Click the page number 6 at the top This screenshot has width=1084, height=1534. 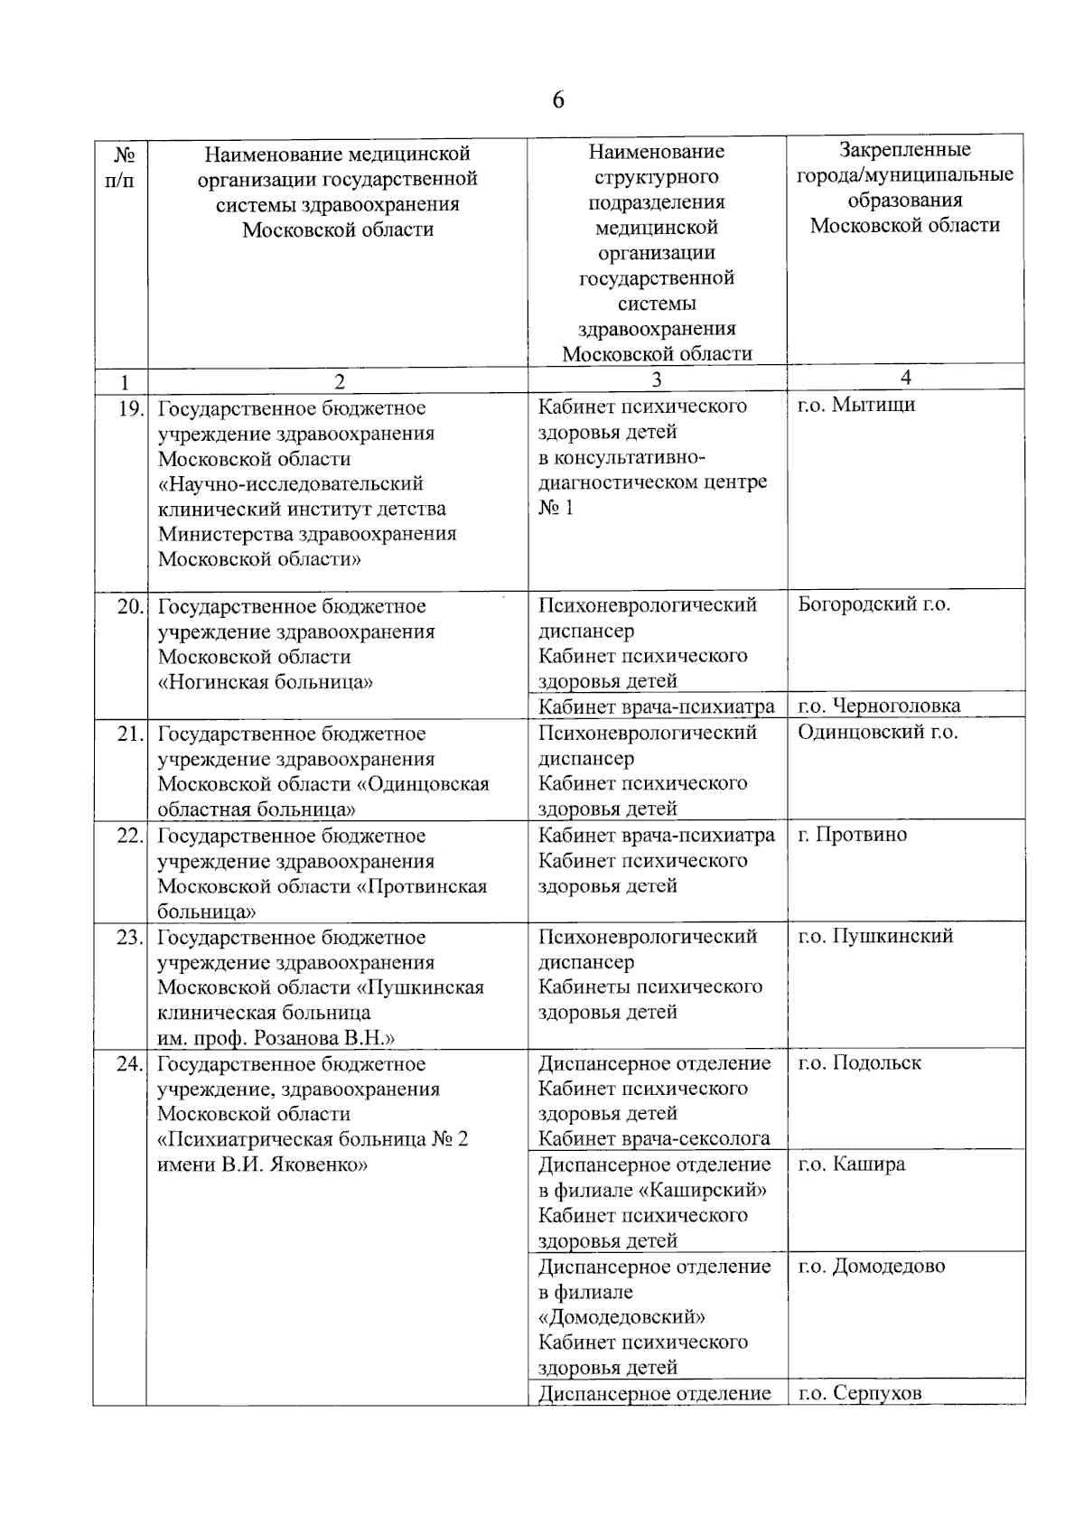(x=557, y=99)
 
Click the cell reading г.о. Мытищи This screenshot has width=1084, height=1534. (x=856, y=405)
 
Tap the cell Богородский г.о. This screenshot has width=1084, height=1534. (x=874, y=604)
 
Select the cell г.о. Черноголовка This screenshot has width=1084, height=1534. (x=879, y=706)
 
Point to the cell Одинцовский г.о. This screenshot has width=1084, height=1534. (x=877, y=732)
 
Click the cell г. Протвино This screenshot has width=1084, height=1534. (x=852, y=835)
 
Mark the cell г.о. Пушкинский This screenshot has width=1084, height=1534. (x=874, y=936)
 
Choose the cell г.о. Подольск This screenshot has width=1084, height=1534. (x=859, y=1062)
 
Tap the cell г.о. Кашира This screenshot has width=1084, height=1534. (x=851, y=1164)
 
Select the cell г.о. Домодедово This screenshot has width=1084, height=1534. (x=871, y=1266)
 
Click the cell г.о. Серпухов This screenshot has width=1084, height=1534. (x=859, y=1392)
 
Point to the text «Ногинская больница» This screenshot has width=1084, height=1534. (x=266, y=682)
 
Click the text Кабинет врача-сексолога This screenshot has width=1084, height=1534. (x=654, y=1138)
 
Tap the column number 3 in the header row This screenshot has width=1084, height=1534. (x=657, y=380)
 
